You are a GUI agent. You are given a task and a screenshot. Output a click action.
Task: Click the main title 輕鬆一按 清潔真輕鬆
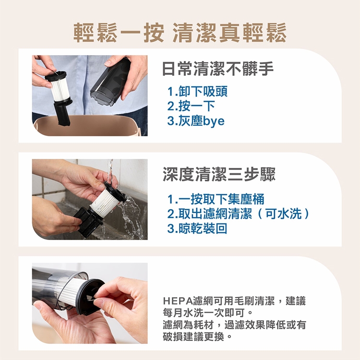[x=180, y=33]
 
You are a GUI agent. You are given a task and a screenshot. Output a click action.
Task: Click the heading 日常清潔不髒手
[x=218, y=69]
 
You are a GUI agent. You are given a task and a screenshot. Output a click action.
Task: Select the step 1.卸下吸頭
[x=197, y=91]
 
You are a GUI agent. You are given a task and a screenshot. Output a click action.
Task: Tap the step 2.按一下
[x=191, y=106]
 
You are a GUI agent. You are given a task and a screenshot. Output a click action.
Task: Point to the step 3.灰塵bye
[x=196, y=121]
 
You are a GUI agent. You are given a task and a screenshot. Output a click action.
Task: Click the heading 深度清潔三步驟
[x=219, y=174]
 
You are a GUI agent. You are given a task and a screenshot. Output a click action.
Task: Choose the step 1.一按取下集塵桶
[x=216, y=199]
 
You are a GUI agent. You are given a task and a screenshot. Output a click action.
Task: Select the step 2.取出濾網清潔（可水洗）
[x=238, y=214]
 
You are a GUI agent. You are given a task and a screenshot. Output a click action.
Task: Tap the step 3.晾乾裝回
[x=197, y=228]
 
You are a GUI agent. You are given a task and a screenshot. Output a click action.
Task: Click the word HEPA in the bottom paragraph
[x=178, y=301]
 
